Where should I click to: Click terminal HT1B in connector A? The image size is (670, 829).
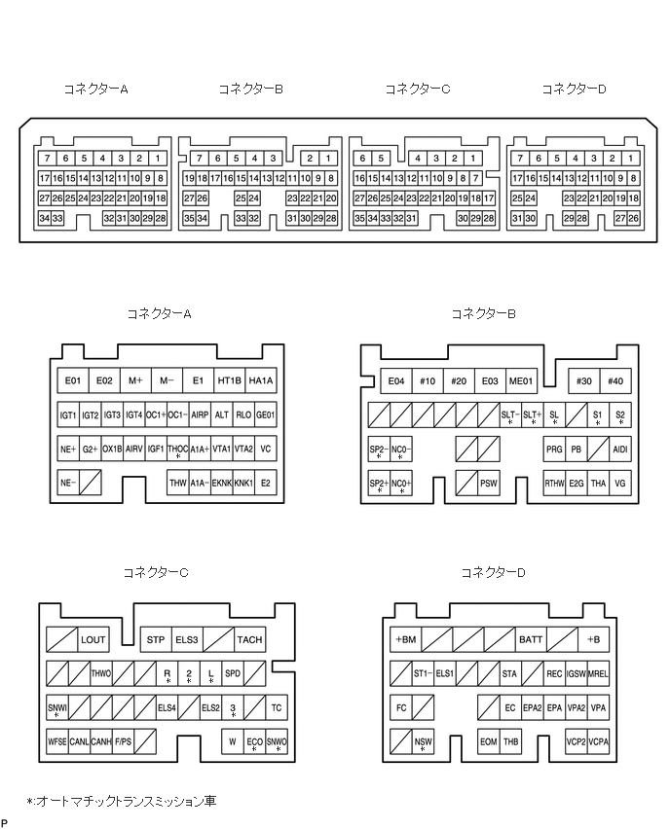coord(230,380)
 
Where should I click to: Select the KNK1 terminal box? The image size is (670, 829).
coord(243,483)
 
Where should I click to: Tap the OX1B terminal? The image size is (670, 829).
coord(112,449)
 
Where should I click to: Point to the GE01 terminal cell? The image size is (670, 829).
coord(266,414)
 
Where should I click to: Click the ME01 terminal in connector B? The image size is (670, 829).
coord(522,380)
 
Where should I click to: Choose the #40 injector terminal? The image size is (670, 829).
coord(615,380)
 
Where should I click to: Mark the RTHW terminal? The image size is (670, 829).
coord(554,483)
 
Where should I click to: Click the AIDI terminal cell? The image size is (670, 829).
coord(620,450)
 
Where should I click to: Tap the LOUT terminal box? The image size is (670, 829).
coord(93,639)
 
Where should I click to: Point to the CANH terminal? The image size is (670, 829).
coord(100,741)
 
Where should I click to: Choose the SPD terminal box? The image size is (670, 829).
coord(233,673)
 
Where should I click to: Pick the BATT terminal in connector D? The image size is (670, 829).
coord(531,639)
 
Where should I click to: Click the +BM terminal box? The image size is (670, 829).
coord(405,639)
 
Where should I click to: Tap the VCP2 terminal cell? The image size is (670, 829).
coord(576,741)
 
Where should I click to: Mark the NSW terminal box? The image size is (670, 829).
coord(423,741)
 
